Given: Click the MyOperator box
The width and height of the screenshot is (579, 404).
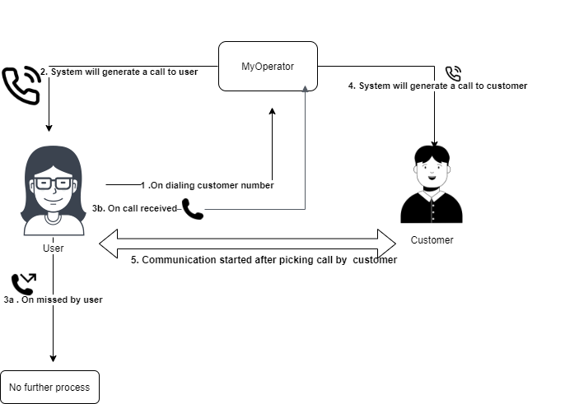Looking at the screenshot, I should (x=268, y=66).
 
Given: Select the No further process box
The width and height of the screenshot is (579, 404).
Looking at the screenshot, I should (x=49, y=387).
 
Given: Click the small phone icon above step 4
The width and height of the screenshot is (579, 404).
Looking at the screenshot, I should (x=454, y=74).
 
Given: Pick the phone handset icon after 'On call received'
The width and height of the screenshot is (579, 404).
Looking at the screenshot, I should (x=193, y=209).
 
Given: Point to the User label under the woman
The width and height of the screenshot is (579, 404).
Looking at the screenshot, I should (x=54, y=247).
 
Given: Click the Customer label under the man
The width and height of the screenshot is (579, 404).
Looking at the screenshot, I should (x=432, y=240).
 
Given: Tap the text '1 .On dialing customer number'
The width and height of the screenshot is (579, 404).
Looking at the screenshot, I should (x=207, y=185).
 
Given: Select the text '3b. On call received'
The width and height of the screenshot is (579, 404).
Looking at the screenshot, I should (x=134, y=209).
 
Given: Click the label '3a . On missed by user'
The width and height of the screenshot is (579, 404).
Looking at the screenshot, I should (x=53, y=300).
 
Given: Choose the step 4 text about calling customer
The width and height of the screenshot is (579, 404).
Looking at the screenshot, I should (x=437, y=86).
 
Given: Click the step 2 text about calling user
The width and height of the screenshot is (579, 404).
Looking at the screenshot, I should (x=124, y=72).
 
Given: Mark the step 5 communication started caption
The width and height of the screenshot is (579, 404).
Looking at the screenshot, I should (x=264, y=260).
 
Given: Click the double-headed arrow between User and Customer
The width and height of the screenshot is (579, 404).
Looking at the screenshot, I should (x=248, y=243).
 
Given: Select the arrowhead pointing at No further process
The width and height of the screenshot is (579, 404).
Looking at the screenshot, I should (x=54, y=358).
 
